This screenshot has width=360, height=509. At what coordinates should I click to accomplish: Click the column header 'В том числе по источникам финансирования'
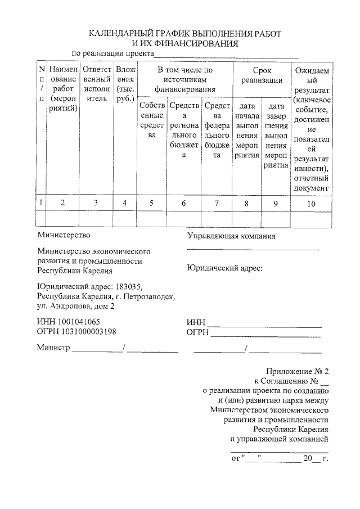pos(184,79)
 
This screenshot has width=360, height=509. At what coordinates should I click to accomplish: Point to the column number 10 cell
pos(311,204)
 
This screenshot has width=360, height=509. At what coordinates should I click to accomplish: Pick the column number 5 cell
pos(151,203)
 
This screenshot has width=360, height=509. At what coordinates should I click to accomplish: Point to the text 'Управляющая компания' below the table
pos(231,236)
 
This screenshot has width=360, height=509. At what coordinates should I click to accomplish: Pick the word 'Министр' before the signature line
pos(53,348)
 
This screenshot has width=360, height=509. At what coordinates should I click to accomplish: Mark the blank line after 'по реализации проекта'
pos(226,56)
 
